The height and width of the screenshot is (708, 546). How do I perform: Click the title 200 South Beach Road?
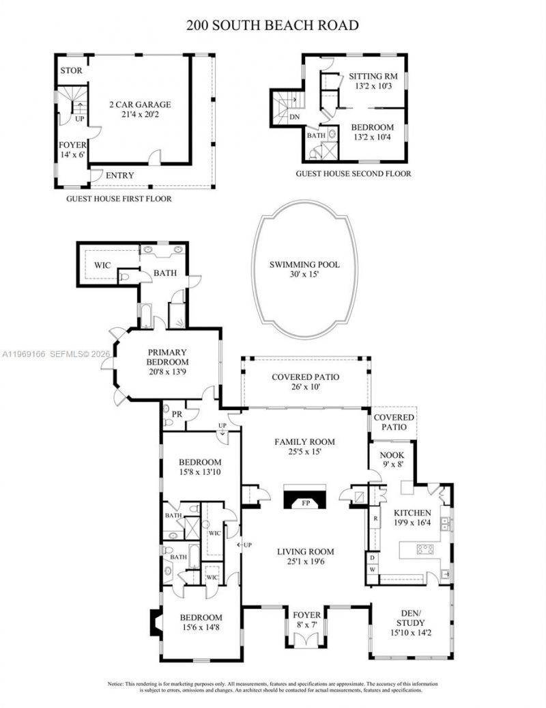click(273, 26)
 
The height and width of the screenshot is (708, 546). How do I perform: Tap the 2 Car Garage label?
click(140, 105)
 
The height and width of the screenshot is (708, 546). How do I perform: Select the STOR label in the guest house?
click(72, 70)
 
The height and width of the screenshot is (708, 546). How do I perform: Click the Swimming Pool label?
click(304, 265)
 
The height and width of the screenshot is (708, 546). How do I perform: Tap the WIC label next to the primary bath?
click(103, 264)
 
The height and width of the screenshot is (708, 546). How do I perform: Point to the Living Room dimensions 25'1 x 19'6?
click(305, 562)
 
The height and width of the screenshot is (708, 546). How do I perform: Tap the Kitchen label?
click(412, 512)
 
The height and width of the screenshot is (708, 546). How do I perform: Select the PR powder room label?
click(175, 414)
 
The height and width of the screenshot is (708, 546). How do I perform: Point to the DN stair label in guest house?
click(295, 117)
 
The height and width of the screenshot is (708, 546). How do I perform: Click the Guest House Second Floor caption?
click(353, 174)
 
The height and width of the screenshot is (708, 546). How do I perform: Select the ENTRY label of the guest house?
click(120, 176)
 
